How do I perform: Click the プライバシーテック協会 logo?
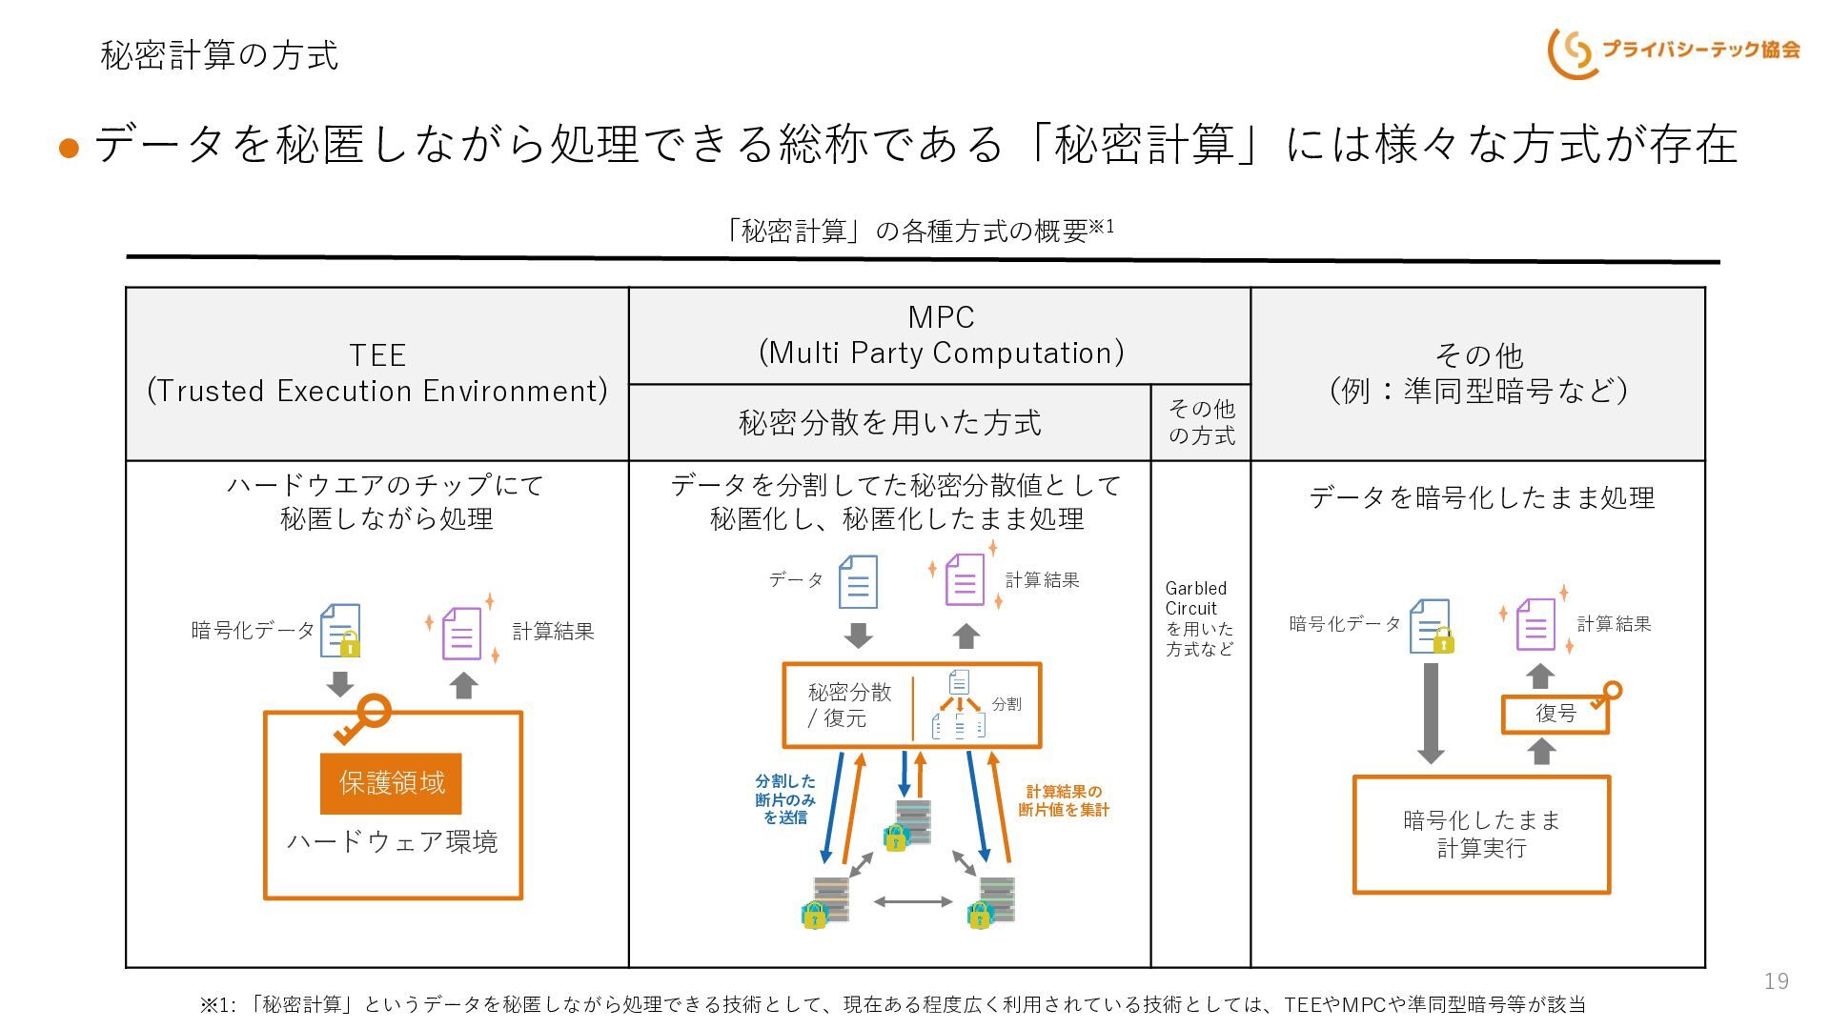(x=1674, y=51)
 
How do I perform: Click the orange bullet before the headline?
(x=69, y=148)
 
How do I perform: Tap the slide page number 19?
(x=1777, y=981)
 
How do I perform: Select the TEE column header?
(x=377, y=373)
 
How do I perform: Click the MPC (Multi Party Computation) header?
(x=940, y=335)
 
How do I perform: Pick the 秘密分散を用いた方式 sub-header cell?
(x=889, y=422)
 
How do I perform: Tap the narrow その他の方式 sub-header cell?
(x=1201, y=422)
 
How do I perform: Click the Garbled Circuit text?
(x=1195, y=598)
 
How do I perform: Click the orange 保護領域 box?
(x=391, y=783)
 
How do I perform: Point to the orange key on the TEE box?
(x=363, y=719)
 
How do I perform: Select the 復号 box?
(x=1555, y=714)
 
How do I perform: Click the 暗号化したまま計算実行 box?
(x=1481, y=835)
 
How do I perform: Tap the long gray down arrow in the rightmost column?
(x=1431, y=713)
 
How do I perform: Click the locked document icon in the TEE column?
(x=340, y=630)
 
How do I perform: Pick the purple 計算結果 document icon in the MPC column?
(x=965, y=579)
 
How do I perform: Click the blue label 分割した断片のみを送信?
(x=785, y=798)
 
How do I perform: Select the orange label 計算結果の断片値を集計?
(x=1064, y=800)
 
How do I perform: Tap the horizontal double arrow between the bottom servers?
(x=913, y=901)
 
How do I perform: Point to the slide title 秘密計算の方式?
(x=219, y=54)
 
